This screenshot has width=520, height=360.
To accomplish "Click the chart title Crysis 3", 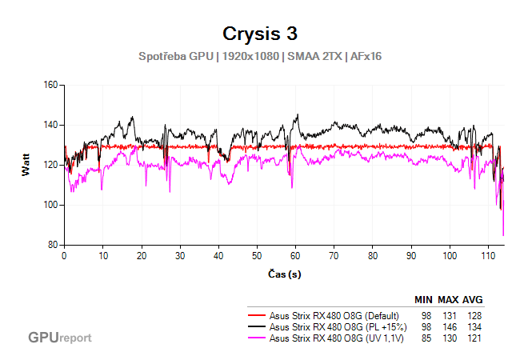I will click(260, 34).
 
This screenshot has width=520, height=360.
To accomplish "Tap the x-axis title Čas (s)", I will click(284, 274).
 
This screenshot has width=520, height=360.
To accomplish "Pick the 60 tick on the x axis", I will click(296, 256).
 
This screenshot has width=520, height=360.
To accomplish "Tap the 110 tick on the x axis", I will click(489, 256).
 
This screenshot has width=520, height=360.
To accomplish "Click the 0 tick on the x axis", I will click(64, 256).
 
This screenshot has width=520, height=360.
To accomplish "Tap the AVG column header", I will click(472, 300).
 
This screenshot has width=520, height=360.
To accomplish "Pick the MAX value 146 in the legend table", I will click(449, 326).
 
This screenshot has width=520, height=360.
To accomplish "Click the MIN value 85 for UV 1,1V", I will click(426, 338).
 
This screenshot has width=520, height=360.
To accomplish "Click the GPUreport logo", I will click(59, 338).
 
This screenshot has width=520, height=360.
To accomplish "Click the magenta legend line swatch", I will click(257, 338).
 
